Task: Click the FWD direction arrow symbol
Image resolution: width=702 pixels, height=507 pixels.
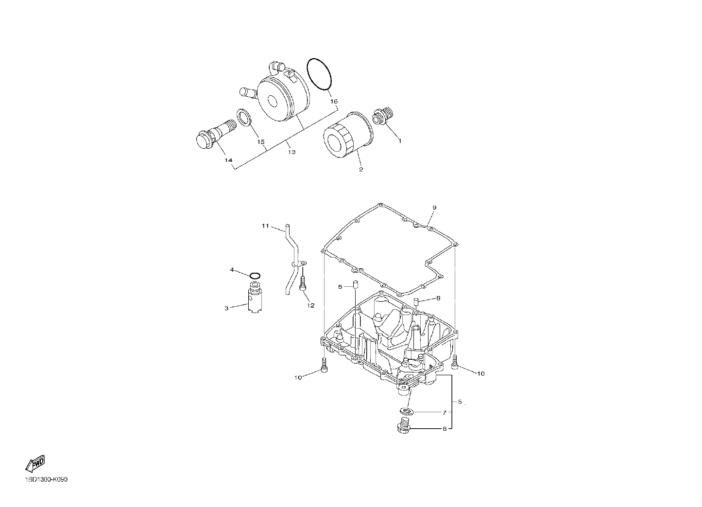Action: pos(35,463)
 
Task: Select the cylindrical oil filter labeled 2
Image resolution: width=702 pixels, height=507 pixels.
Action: pos(348,135)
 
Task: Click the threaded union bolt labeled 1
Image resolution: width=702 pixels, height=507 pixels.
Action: pos(382,116)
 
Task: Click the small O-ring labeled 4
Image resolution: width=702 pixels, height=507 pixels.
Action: pos(255,276)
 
